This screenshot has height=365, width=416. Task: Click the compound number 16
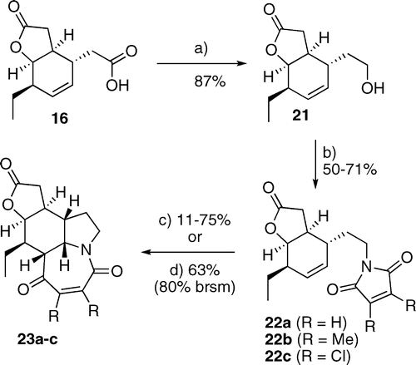(x=60, y=119)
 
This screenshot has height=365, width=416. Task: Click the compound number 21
(x=300, y=115)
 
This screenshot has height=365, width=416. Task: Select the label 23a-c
(x=37, y=339)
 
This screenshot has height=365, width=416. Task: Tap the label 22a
(x=278, y=323)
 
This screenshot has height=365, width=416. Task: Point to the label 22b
(x=278, y=339)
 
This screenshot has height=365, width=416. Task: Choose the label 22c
(x=278, y=356)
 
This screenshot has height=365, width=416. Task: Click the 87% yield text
(x=210, y=81)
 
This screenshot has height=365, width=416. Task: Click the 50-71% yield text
(x=349, y=169)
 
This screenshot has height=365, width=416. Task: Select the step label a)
(x=201, y=49)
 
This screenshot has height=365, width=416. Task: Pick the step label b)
(x=329, y=153)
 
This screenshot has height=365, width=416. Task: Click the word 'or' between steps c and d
(x=195, y=238)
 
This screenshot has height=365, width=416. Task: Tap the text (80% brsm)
(x=195, y=287)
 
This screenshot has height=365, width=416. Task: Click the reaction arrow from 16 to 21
(x=202, y=64)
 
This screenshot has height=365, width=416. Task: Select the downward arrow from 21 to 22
(x=316, y=165)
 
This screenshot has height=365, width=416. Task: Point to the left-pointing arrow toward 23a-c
(x=188, y=252)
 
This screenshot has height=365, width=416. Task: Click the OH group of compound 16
(x=117, y=86)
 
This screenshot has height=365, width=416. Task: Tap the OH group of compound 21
(x=373, y=88)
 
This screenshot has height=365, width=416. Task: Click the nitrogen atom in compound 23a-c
(x=86, y=251)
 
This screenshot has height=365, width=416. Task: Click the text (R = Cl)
(x=322, y=356)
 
